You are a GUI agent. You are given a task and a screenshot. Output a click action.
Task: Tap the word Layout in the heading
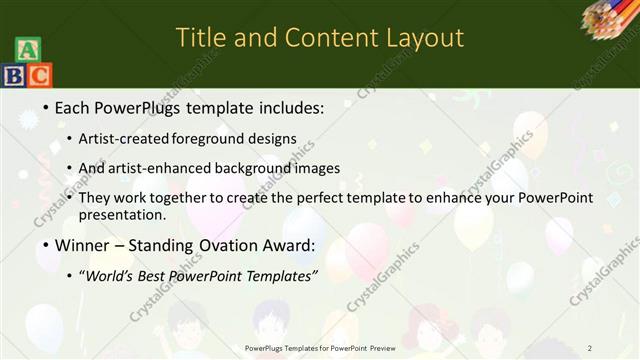click(x=421, y=38)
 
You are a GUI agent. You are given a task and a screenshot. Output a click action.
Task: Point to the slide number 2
click(x=590, y=347)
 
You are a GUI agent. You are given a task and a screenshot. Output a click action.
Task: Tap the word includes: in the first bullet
click(x=281, y=106)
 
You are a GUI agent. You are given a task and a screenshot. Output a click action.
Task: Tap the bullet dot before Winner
click(x=46, y=246)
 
